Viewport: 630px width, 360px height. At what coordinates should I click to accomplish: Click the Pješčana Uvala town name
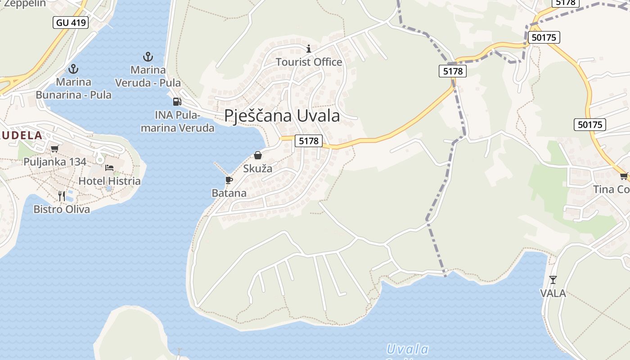282,116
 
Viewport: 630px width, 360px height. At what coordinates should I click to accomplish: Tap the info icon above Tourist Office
309,49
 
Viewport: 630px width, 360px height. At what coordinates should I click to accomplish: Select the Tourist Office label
309,62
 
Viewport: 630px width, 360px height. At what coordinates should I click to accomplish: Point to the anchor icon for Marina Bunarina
73,69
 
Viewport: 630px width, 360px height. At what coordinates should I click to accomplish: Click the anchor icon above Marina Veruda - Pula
148,57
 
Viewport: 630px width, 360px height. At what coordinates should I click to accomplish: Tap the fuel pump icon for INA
177,102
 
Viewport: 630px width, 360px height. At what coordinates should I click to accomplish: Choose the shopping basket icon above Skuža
258,156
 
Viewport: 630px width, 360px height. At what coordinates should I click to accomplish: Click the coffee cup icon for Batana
229,180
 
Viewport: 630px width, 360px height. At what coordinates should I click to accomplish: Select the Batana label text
229,193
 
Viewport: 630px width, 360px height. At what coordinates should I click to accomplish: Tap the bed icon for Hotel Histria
109,168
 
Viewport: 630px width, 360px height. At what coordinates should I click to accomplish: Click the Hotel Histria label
109,181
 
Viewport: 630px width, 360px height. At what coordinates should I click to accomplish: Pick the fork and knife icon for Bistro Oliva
62,196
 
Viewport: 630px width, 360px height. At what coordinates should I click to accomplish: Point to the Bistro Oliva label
62,209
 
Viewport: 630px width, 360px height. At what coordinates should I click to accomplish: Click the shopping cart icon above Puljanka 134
55,148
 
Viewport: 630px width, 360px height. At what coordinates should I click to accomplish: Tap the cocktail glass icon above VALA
553,280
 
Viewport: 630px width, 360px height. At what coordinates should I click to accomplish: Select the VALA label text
553,293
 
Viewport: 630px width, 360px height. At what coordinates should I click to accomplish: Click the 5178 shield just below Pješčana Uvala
309,141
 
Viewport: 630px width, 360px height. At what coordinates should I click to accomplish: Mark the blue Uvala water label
408,349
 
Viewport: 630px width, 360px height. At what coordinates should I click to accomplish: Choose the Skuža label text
258,169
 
